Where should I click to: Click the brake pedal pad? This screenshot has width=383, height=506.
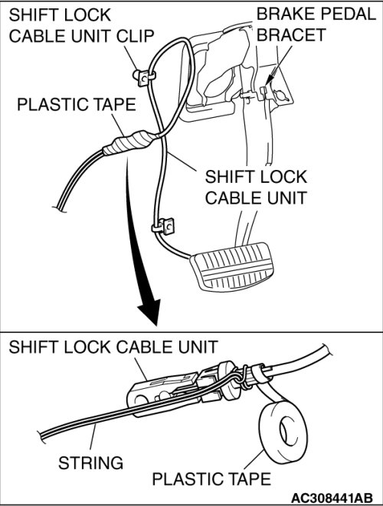233,267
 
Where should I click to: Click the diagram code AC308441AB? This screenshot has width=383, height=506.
332,498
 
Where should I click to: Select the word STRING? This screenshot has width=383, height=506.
90,463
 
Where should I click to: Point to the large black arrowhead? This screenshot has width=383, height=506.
150,312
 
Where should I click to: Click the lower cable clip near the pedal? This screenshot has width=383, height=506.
164,227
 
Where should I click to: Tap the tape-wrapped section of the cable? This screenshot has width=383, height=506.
129,143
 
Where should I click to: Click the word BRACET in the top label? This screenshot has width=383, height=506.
291,35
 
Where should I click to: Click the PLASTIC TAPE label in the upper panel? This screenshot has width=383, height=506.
77,105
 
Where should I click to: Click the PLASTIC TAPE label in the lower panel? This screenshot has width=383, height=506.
211,478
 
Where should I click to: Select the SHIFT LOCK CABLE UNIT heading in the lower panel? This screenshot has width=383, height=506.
113,348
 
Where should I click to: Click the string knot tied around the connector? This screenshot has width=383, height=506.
244,377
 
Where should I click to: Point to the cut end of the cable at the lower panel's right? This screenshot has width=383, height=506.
327,351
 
